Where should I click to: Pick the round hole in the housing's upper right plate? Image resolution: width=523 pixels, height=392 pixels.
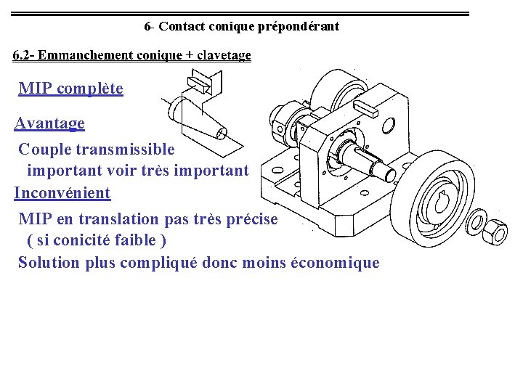coord(388,126)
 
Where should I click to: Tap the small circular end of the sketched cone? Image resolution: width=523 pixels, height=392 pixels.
coord(222,133)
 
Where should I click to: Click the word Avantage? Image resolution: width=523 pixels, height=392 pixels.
coord(49,123)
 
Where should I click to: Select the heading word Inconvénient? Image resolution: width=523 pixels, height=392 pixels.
coord(62,193)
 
